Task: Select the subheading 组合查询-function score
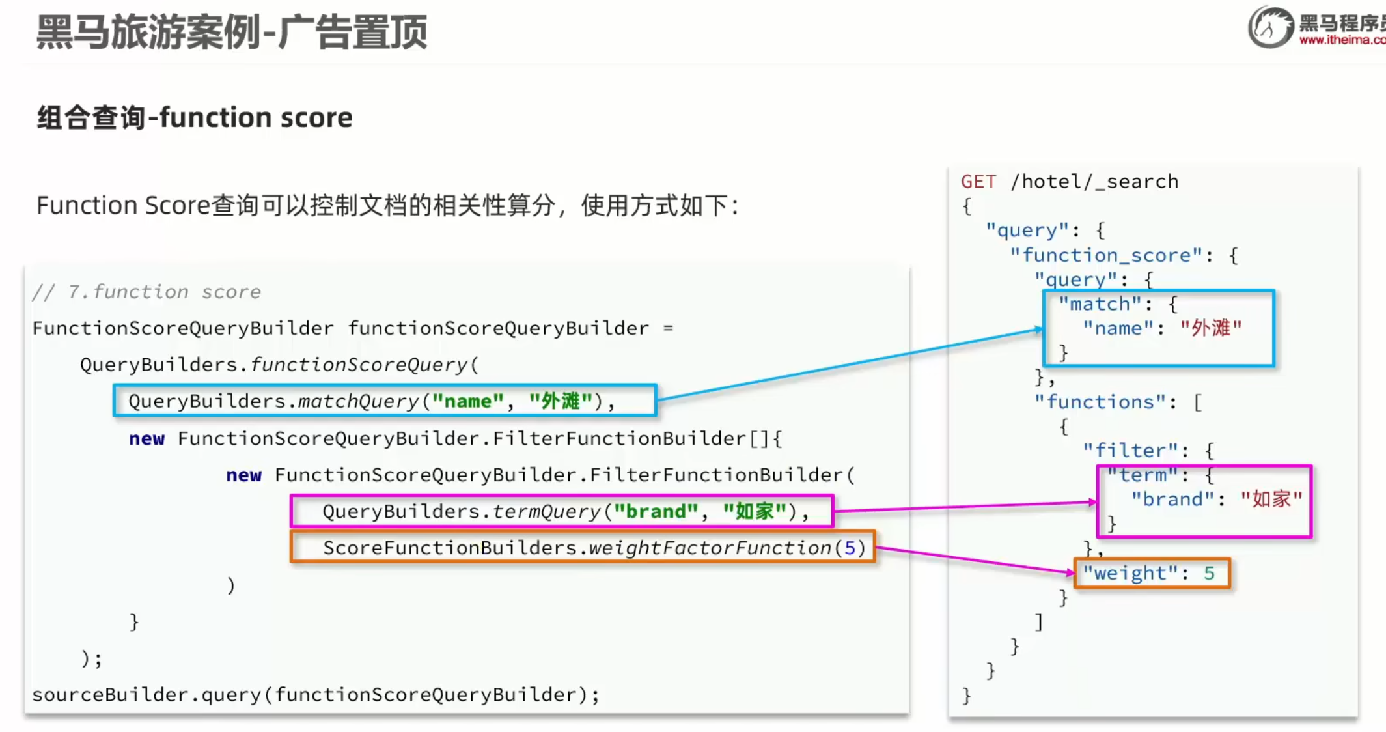click(x=195, y=118)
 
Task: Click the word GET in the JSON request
click(x=978, y=182)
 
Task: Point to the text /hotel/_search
click(x=1094, y=182)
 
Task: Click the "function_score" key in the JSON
click(x=1106, y=255)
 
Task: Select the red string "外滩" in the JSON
click(x=1211, y=328)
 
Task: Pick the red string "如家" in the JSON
click(x=1271, y=500)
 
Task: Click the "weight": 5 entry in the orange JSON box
click(x=1149, y=573)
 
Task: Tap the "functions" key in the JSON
click(x=1100, y=402)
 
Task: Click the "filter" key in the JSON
click(x=1131, y=451)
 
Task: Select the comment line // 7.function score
click(x=146, y=292)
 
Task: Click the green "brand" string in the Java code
click(x=656, y=512)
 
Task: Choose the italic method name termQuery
click(x=546, y=512)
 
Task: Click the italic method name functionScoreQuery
click(x=359, y=365)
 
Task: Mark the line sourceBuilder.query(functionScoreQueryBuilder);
click(x=316, y=695)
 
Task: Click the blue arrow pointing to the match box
click(x=846, y=365)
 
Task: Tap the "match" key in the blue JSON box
click(x=1100, y=304)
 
